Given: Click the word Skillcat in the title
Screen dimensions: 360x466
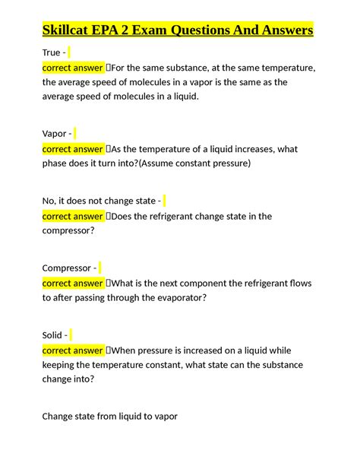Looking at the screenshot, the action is (x=69, y=31).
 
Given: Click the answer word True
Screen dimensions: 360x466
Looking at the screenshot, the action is (x=52, y=52).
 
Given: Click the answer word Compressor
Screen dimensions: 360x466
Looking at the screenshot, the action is (x=67, y=268).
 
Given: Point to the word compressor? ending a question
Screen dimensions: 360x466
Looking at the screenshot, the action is (x=68, y=231).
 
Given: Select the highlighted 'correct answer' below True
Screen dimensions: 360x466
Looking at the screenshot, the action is (x=72, y=68).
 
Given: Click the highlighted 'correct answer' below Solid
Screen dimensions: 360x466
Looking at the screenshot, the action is (x=72, y=350).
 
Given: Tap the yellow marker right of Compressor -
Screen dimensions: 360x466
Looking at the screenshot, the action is (x=100, y=268).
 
